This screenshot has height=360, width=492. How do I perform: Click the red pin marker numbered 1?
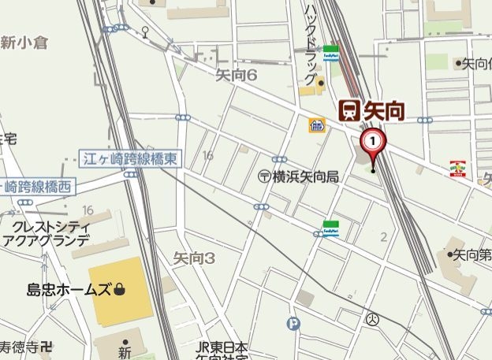[373, 143]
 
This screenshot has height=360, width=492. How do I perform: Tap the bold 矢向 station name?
[384, 111]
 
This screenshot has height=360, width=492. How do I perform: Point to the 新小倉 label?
[24, 43]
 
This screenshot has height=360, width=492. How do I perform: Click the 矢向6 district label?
[236, 74]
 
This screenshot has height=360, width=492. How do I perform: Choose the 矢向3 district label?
[193, 257]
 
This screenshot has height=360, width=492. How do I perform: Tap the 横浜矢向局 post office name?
[305, 177]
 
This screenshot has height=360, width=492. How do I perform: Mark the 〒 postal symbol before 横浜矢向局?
[264, 177]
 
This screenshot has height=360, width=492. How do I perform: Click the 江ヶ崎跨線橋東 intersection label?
[130, 159]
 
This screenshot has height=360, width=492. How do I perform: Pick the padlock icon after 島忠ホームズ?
[119, 290]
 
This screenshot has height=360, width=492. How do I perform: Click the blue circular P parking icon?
[295, 322]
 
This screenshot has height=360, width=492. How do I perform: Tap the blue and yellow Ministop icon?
[317, 125]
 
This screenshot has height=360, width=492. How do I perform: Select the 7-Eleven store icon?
[458, 168]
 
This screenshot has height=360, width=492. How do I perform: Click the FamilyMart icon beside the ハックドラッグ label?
[331, 53]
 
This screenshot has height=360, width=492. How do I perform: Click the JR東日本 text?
[222, 347]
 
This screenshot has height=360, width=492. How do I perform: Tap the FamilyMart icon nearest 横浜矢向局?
[330, 228]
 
